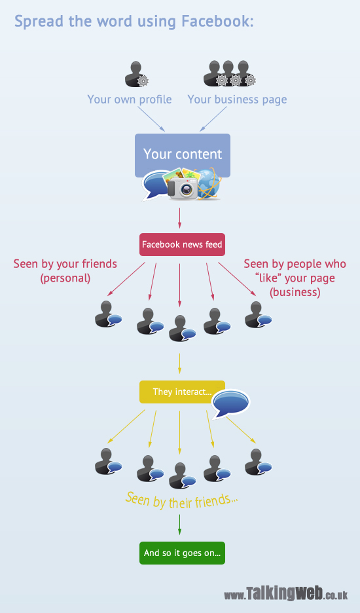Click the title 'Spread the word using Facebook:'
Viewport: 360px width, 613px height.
[x=134, y=22]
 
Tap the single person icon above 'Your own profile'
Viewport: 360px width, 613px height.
[x=136, y=74]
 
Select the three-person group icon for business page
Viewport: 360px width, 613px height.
[x=230, y=73]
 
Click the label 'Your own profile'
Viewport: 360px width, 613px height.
[x=130, y=100]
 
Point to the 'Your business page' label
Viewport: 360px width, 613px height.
[x=237, y=100]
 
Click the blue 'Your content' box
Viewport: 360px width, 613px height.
[x=183, y=155]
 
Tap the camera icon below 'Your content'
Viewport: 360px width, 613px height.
[x=183, y=188]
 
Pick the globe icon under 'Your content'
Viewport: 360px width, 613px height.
[x=208, y=184]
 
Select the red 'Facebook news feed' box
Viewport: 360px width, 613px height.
[x=182, y=245]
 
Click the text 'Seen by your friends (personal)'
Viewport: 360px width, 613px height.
[x=65, y=271]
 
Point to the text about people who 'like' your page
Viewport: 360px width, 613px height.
[x=295, y=278]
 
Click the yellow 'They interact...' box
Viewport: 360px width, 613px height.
[x=182, y=392]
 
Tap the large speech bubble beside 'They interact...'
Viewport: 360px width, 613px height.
[x=230, y=403]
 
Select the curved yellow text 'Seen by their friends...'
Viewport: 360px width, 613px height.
[x=181, y=500]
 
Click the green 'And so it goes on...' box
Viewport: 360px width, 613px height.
[x=182, y=553]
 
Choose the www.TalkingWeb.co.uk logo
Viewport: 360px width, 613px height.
[x=286, y=593]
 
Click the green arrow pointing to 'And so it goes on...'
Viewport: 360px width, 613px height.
[x=180, y=525]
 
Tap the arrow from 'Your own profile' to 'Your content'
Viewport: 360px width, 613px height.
[x=151, y=119]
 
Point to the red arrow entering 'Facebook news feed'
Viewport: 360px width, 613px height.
[x=180, y=218]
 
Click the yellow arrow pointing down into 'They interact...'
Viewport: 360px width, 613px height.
[x=180, y=363]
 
